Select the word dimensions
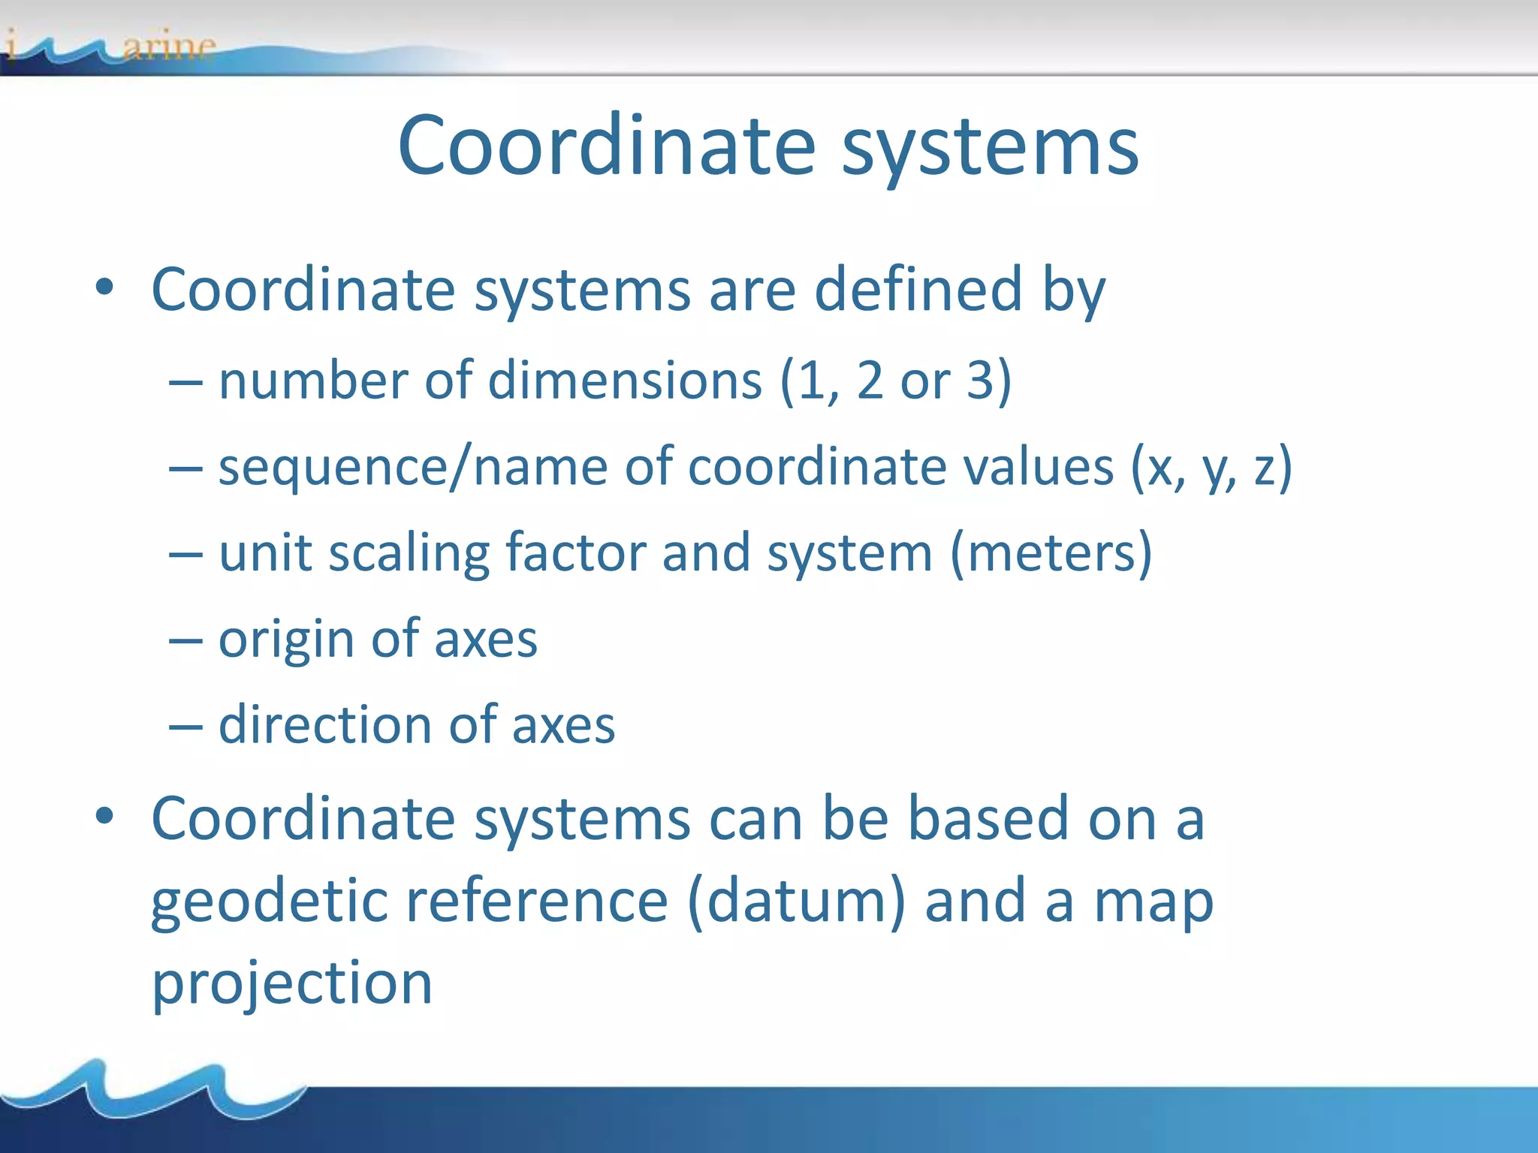coord(625,381)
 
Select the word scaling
coord(409,554)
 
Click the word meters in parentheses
coord(1051,553)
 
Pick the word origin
coord(286,640)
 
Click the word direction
coord(324,725)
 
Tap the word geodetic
coord(269,902)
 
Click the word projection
coord(292,984)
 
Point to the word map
coord(1153,902)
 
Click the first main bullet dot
coord(104,287)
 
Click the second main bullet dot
coord(104,816)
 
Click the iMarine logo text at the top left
coord(113,47)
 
